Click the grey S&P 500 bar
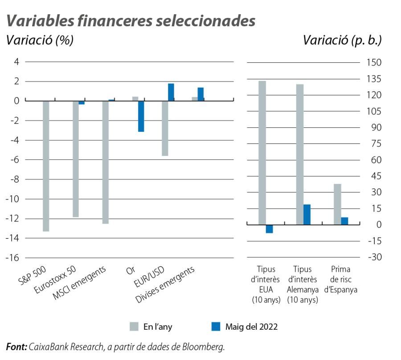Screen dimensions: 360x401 coord(46,166)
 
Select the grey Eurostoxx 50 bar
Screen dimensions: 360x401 coord(75,159)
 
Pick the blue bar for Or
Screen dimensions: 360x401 coord(141,116)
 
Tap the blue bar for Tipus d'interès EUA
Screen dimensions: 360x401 coord(269,229)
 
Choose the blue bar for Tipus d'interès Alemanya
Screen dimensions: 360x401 coord(307,215)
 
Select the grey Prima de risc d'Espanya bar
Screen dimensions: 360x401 coord(337,205)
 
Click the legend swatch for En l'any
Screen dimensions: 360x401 coord(134,327)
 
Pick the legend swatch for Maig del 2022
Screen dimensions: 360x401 coord(216,327)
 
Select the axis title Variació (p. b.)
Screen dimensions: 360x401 coord(342,40)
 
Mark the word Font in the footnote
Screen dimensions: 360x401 coord(16,347)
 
